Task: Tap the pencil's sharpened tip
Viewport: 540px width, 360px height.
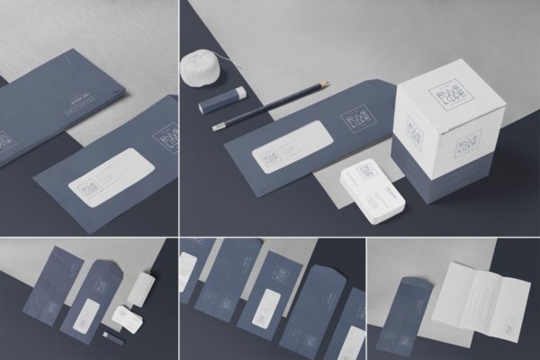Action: pyautogui.click(x=327, y=85)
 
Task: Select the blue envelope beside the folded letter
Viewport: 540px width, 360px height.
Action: pyautogui.click(x=409, y=319)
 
